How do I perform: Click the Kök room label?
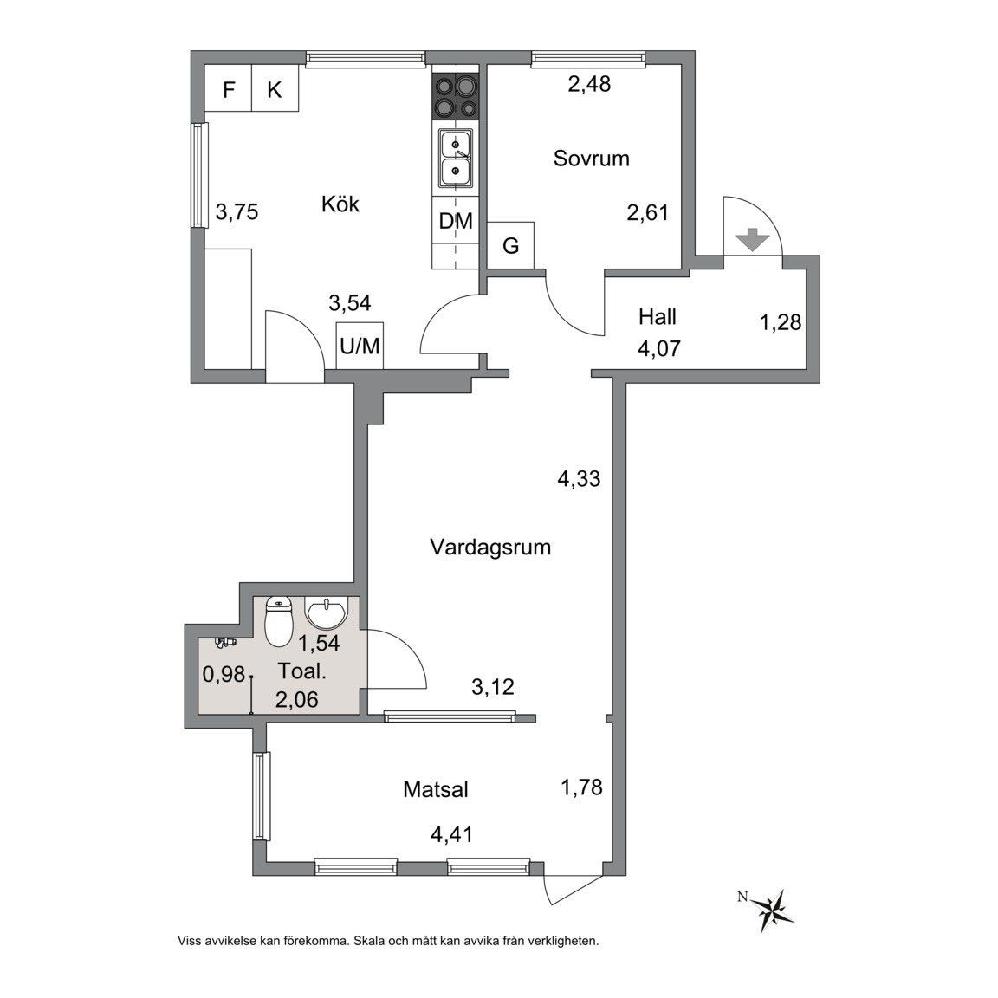pyautogui.click(x=340, y=204)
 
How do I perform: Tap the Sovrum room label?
pyautogui.click(x=592, y=158)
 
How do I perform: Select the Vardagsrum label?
pyautogui.click(x=490, y=547)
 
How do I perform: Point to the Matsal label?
pyautogui.click(x=436, y=790)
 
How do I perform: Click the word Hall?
pyautogui.click(x=658, y=316)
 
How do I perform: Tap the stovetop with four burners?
pyautogui.click(x=455, y=97)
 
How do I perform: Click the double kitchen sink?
pyautogui.click(x=455, y=159)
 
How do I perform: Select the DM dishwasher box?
pyautogui.click(x=456, y=220)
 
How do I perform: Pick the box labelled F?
pyautogui.click(x=229, y=88)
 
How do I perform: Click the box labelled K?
pyautogui.click(x=275, y=88)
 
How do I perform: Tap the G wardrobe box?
pyautogui.click(x=510, y=245)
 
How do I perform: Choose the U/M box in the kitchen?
pyautogui.click(x=360, y=346)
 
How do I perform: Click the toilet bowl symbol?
pyautogui.click(x=278, y=621)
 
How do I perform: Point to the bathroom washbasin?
pyautogui.click(x=327, y=612)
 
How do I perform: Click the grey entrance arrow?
pyautogui.click(x=752, y=241)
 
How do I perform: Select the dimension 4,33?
pyautogui.click(x=579, y=478)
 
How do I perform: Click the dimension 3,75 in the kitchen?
pyautogui.click(x=237, y=211)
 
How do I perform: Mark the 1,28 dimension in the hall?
pyautogui.click(x=781, y=322)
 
